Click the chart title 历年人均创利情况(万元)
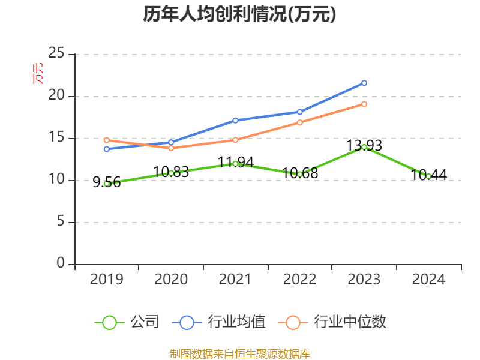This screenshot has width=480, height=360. click(239, 14)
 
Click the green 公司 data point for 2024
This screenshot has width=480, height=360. click(428, 176)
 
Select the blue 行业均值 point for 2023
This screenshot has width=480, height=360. click(364, 83)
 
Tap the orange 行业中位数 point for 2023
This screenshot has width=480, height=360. click(364, 104)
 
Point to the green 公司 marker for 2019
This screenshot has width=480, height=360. click(107, 184)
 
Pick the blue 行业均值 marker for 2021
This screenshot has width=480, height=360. click(235, 120)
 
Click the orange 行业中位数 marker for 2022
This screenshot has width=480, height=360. click(299, 122)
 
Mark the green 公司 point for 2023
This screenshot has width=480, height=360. click(364, 147)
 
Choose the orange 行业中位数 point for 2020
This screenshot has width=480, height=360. click(171, 148)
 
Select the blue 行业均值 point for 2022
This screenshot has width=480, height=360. click(299, 112)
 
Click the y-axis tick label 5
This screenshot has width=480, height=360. click(61, 222)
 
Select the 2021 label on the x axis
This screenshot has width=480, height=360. click(235, 280)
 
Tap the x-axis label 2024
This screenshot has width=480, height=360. click(428, 280)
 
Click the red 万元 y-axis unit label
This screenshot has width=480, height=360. click(38, 73)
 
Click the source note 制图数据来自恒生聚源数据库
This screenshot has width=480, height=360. click(239, 353)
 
